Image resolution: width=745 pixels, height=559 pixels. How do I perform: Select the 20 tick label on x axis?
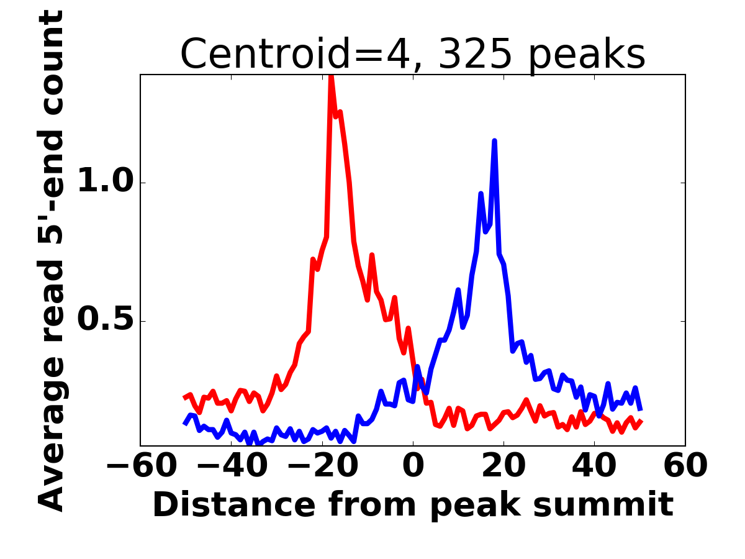tap(503, 465)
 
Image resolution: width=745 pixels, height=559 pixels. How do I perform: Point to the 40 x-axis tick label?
tap(594, 465)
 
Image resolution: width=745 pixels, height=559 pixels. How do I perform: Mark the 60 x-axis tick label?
tap(685, 465)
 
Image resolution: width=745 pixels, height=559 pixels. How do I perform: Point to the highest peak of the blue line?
tap(494, 141)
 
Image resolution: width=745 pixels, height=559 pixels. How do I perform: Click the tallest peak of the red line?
tap(331, 76)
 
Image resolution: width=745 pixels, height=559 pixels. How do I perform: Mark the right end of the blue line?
tap(640, 409)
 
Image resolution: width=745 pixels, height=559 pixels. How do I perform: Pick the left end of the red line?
tap(184, 398)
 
